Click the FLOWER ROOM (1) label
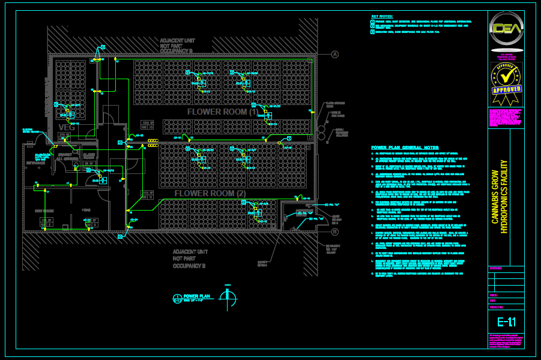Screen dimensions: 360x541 click(223, 112)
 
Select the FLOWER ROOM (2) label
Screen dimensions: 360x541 click(210, 194)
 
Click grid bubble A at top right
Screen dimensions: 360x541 click(335, 55)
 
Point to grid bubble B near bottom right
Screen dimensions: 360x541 click(335, 232)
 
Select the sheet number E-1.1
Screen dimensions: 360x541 click(506, 322)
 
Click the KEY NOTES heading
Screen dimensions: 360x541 click(382, 16)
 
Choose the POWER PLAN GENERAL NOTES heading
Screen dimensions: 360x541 click(405, 148)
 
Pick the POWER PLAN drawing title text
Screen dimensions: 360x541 click(197, 296)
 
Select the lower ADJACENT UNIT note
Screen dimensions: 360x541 click(190, 259)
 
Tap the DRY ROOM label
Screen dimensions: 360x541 click(44, 211)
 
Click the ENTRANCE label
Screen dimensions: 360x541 click(35, 163)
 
